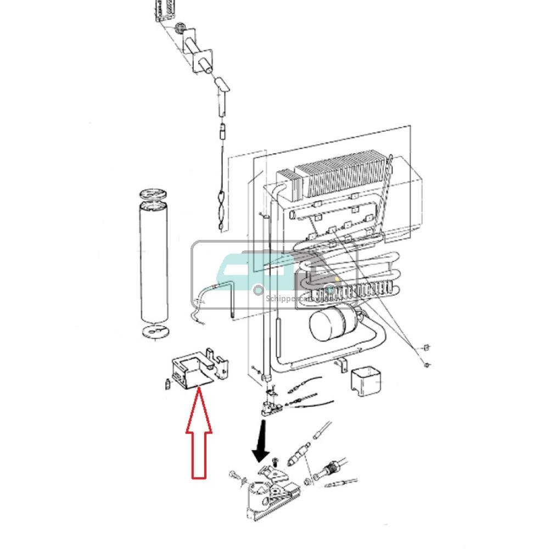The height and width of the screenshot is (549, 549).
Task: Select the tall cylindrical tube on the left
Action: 153,264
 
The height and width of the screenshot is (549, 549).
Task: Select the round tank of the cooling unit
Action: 327,323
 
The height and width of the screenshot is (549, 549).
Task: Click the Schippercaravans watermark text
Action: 296,299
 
